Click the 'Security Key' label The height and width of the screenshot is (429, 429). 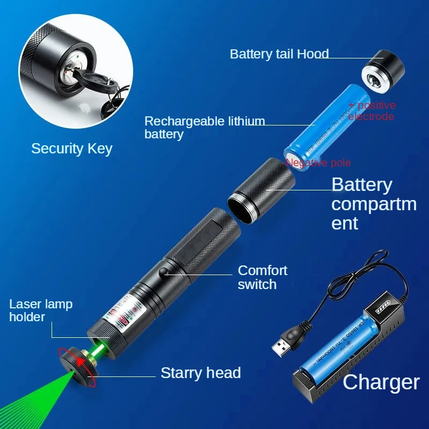pos(71,149)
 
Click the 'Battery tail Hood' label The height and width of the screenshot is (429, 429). pos(279,54)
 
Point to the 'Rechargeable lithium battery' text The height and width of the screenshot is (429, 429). pos(204,127)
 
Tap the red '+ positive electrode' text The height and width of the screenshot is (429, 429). pos(372,111)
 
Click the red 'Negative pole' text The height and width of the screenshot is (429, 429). pos(318,162)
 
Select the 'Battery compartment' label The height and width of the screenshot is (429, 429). pos(373,203)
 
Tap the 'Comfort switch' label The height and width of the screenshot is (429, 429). pos(262,277)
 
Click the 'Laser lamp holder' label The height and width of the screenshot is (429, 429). pos(40,310)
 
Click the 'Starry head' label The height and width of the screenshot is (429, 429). pos(200,373)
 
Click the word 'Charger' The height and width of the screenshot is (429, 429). pos(381,382)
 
